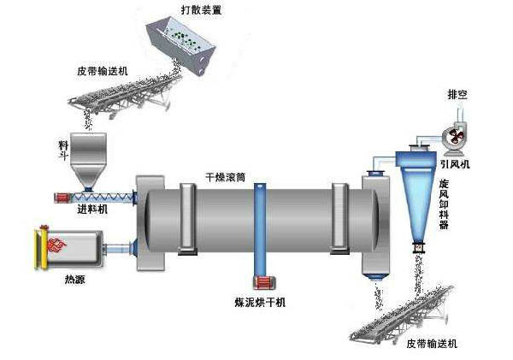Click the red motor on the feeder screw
pos(62,198)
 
